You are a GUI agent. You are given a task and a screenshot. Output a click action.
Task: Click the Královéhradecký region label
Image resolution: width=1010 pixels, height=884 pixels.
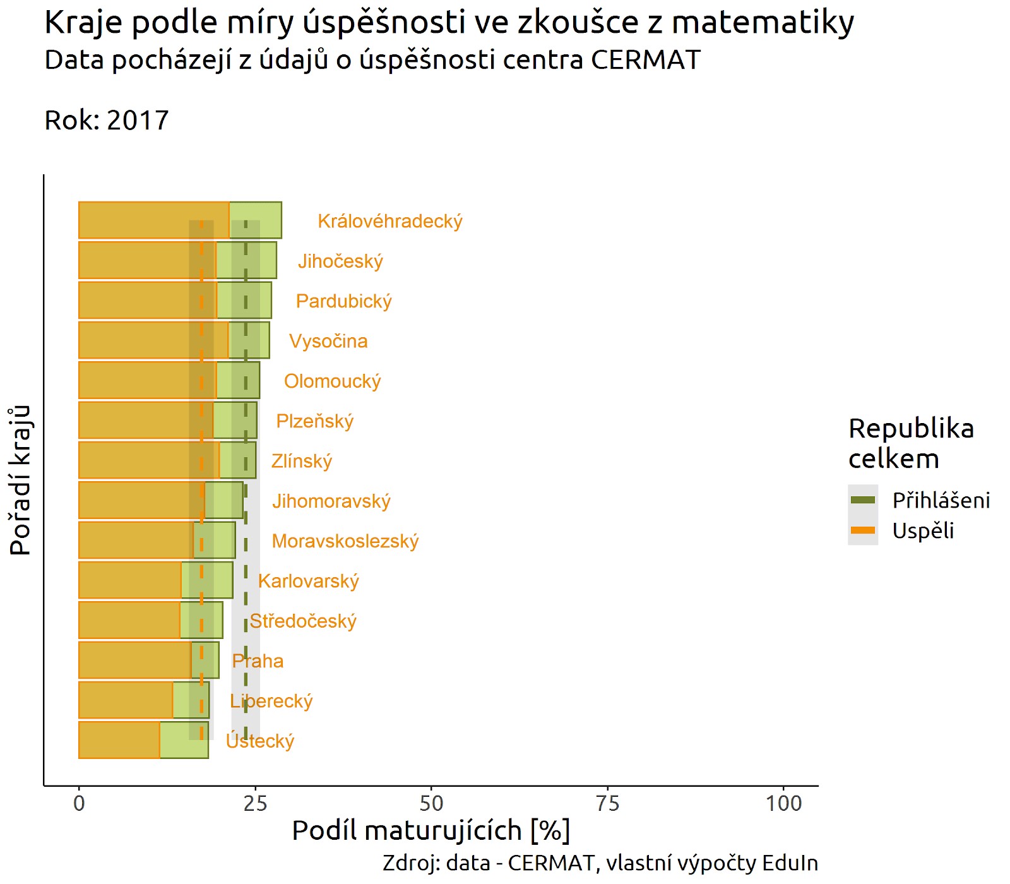390,222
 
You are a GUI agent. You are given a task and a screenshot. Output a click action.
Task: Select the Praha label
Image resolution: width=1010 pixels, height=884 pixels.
258,661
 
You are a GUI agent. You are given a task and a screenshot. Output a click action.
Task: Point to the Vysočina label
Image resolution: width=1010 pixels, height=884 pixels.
328,342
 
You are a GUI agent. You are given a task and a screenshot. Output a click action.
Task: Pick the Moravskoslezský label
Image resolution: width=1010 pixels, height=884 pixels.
345,541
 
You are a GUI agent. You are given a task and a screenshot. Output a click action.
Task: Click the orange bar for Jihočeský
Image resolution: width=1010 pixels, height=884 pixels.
147,260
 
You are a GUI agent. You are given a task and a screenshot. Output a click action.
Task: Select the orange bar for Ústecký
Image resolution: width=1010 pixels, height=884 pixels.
119,740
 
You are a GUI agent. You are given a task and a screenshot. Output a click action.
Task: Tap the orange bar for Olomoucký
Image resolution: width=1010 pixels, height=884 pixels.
147,380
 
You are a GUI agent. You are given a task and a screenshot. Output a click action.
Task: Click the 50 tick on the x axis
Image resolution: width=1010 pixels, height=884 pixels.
432,804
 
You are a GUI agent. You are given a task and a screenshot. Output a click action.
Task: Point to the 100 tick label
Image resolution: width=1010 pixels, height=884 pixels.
784,804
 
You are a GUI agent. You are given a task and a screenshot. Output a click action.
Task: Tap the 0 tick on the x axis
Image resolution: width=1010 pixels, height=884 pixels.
79,804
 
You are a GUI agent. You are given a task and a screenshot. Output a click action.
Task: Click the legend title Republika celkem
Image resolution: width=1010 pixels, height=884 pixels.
911,443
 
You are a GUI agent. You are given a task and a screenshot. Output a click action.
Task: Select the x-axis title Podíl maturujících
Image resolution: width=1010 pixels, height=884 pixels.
407,831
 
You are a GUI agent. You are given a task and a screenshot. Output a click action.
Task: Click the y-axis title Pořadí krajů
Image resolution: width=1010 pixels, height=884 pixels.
20,480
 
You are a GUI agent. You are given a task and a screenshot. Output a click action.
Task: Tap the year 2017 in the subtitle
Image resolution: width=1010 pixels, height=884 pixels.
138,120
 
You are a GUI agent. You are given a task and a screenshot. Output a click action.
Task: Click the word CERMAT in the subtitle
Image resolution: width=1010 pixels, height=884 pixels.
646,61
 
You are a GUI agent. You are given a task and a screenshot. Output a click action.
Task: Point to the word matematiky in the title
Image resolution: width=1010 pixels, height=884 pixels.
763,23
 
